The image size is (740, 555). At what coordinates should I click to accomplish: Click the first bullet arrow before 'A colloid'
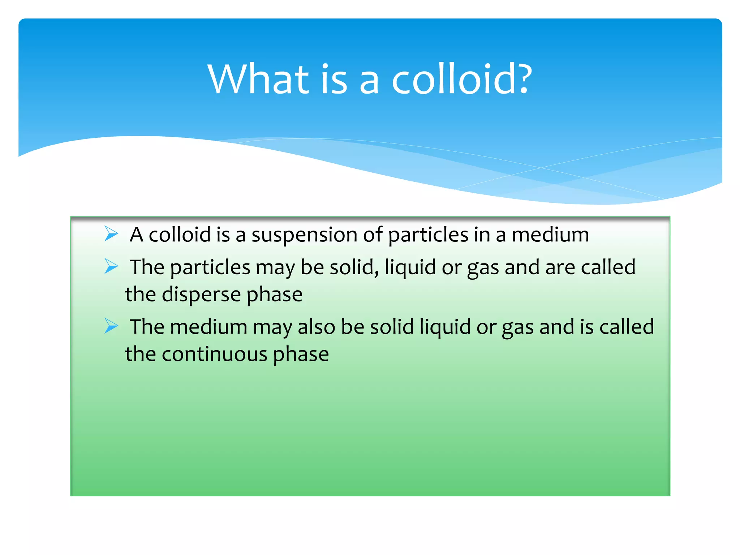click(x=111, y=234)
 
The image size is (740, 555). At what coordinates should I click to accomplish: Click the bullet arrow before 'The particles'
click(x=111, y=266)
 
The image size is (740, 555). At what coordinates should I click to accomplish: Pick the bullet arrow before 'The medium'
click(x=111, y=326)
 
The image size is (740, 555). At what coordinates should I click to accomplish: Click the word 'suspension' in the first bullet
click(x=304, y=236)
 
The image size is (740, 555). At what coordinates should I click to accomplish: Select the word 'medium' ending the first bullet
click(x=550, y=235)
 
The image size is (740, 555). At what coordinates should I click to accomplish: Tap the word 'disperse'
click(x=201, y=294)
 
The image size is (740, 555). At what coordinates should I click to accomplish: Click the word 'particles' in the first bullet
click(x=428, y=236)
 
